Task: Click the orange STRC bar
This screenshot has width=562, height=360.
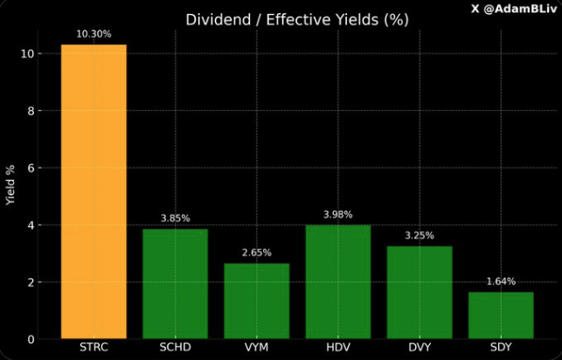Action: click(x=94, y=191)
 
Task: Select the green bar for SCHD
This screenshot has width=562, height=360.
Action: click(x=176, y=283)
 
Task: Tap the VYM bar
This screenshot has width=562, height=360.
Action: click(x=257, y=301)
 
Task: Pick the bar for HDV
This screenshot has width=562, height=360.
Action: click(x=338, y=281)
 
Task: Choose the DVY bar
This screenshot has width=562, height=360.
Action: click(x=420, y=292)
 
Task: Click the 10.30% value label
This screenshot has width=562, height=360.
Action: click(x=94, y=34)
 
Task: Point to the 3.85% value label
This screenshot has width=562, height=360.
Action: click(x=176, y=218)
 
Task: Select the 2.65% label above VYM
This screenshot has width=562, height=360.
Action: click(x=257, y=253)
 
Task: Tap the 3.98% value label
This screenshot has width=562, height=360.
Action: click(x=338, y=214)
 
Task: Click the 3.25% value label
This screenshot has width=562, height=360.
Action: click(x=420, y=235)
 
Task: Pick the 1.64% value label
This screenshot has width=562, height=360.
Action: click(x=501, y=281)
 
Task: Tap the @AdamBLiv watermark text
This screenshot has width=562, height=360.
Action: click(x=512, y=8)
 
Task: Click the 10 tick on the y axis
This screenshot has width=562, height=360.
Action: click(x=27, y=54)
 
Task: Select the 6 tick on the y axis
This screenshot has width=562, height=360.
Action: click(x=31, y=168)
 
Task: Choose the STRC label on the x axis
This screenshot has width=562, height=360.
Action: click(x=94, y=348)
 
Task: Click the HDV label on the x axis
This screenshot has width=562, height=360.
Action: click(x=338, y=348)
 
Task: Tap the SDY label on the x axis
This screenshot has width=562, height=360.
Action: click(x=501, y=348)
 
